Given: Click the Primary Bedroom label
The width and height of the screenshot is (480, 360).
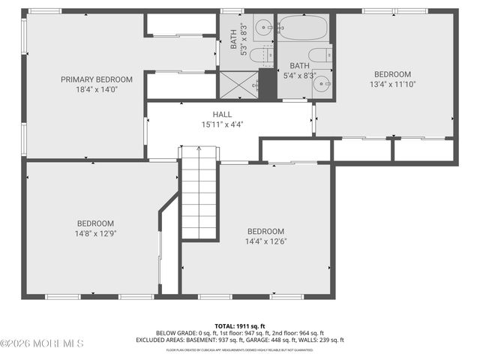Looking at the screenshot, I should click(97, 79).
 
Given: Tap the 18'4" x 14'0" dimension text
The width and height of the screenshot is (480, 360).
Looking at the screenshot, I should click(97, 89).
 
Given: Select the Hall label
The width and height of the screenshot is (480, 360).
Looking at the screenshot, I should click(221, 115).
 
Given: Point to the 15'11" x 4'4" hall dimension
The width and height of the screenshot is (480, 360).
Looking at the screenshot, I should click(221, 124).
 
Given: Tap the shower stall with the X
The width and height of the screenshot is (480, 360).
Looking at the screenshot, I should click(238, 84).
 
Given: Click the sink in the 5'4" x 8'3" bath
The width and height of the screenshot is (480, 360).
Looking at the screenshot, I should click(322, 83).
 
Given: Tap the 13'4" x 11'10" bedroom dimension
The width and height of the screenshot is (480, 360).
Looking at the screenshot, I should click(392, 84).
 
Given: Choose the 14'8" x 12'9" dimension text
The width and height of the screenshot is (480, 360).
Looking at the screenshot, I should click(95, 233).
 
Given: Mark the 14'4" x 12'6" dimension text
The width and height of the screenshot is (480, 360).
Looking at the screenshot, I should click(265, 241).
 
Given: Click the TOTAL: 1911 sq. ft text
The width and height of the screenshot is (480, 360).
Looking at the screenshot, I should click(240, 325).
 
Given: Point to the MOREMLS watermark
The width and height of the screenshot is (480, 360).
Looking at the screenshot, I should click(43, 343).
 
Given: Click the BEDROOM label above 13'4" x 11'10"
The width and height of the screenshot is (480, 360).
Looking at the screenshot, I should click(392, 74).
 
